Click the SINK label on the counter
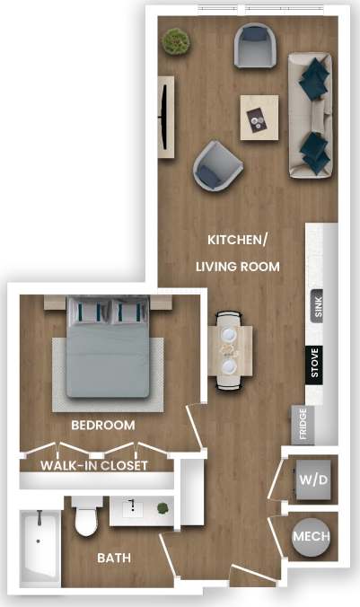pyautogui.click(x=317, y=307)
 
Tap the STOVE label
pyautogui.click(x=314, y=364)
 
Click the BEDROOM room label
pyautogui.click(x=103, y=425)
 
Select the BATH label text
pyautogui.click(x=114, y=558)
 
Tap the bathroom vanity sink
pyautogui.click(x=133, y=509)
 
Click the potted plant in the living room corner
pyautogui.click(x=175, y=40)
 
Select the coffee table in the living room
pyautogui.click(x=259, y=116)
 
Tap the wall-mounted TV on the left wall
pyautogui.click(x=165, y=117)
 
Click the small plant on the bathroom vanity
pyautogui.click(x=162, y=508)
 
